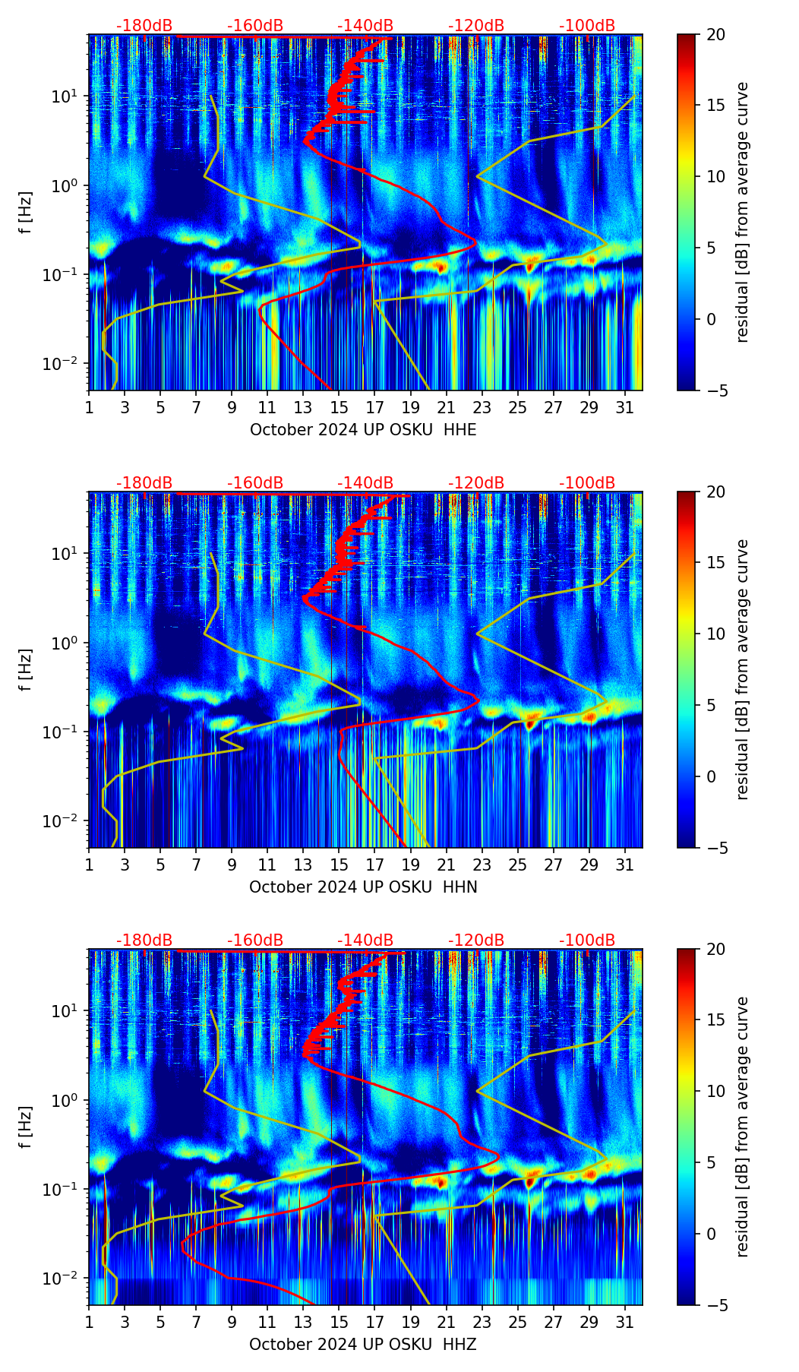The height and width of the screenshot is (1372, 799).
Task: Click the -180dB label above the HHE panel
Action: (x=144, y=26)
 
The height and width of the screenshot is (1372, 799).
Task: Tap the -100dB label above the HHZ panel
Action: (x=587, y=940)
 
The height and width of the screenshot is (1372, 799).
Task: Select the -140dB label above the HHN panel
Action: (x=365, y=483)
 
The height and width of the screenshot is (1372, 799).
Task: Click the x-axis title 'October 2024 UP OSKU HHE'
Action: (x=363, y=430)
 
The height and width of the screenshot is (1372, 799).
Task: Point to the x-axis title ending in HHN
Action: (x=363, y=887)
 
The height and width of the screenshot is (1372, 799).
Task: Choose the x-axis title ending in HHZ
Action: (x=363, y=1345)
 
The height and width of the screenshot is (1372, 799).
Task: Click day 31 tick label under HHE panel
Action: (x=625, y=407)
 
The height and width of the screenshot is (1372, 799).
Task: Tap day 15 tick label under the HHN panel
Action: (x=339, y=865)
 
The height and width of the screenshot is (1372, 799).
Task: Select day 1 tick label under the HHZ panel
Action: (x=89, y=1322)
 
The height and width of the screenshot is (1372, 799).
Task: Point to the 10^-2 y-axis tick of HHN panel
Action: (x=58, y=822)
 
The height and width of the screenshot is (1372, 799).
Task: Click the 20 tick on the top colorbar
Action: (x=715, y=35)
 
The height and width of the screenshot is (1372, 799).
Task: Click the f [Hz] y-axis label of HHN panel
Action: (x=27, y=669)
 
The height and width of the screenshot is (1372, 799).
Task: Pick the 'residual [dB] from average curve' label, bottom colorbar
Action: (x=742, y=1127)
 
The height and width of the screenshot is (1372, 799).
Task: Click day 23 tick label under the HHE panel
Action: (x=482, y=407)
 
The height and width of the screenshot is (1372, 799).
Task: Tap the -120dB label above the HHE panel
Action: (x=476, y=26)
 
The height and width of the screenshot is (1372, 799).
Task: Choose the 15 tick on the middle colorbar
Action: (x=715, y=563)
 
